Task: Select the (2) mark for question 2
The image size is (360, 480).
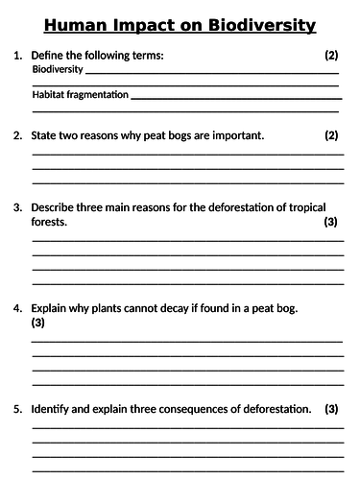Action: [331, 135]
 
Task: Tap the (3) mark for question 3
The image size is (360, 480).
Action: [331, 222]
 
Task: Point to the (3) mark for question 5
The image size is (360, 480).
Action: [331, 409]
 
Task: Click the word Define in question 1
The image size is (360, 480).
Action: [49, 56]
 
